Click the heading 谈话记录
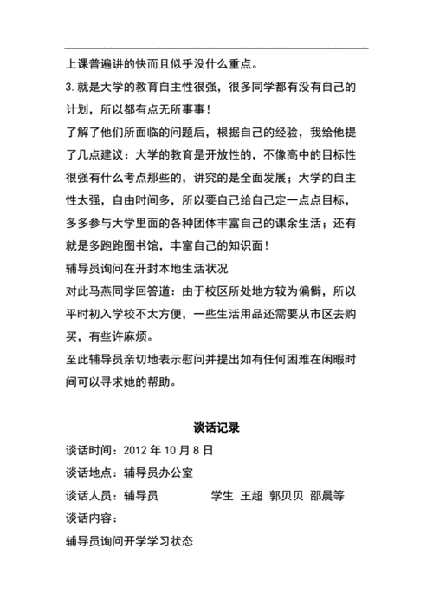pos(216,427)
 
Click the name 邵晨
pos(322,496)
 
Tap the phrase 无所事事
pos(178,110)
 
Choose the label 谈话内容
pos(88,518)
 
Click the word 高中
pos(300,155)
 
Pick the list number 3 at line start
pos(68,88)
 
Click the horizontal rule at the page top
pos(216,48)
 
